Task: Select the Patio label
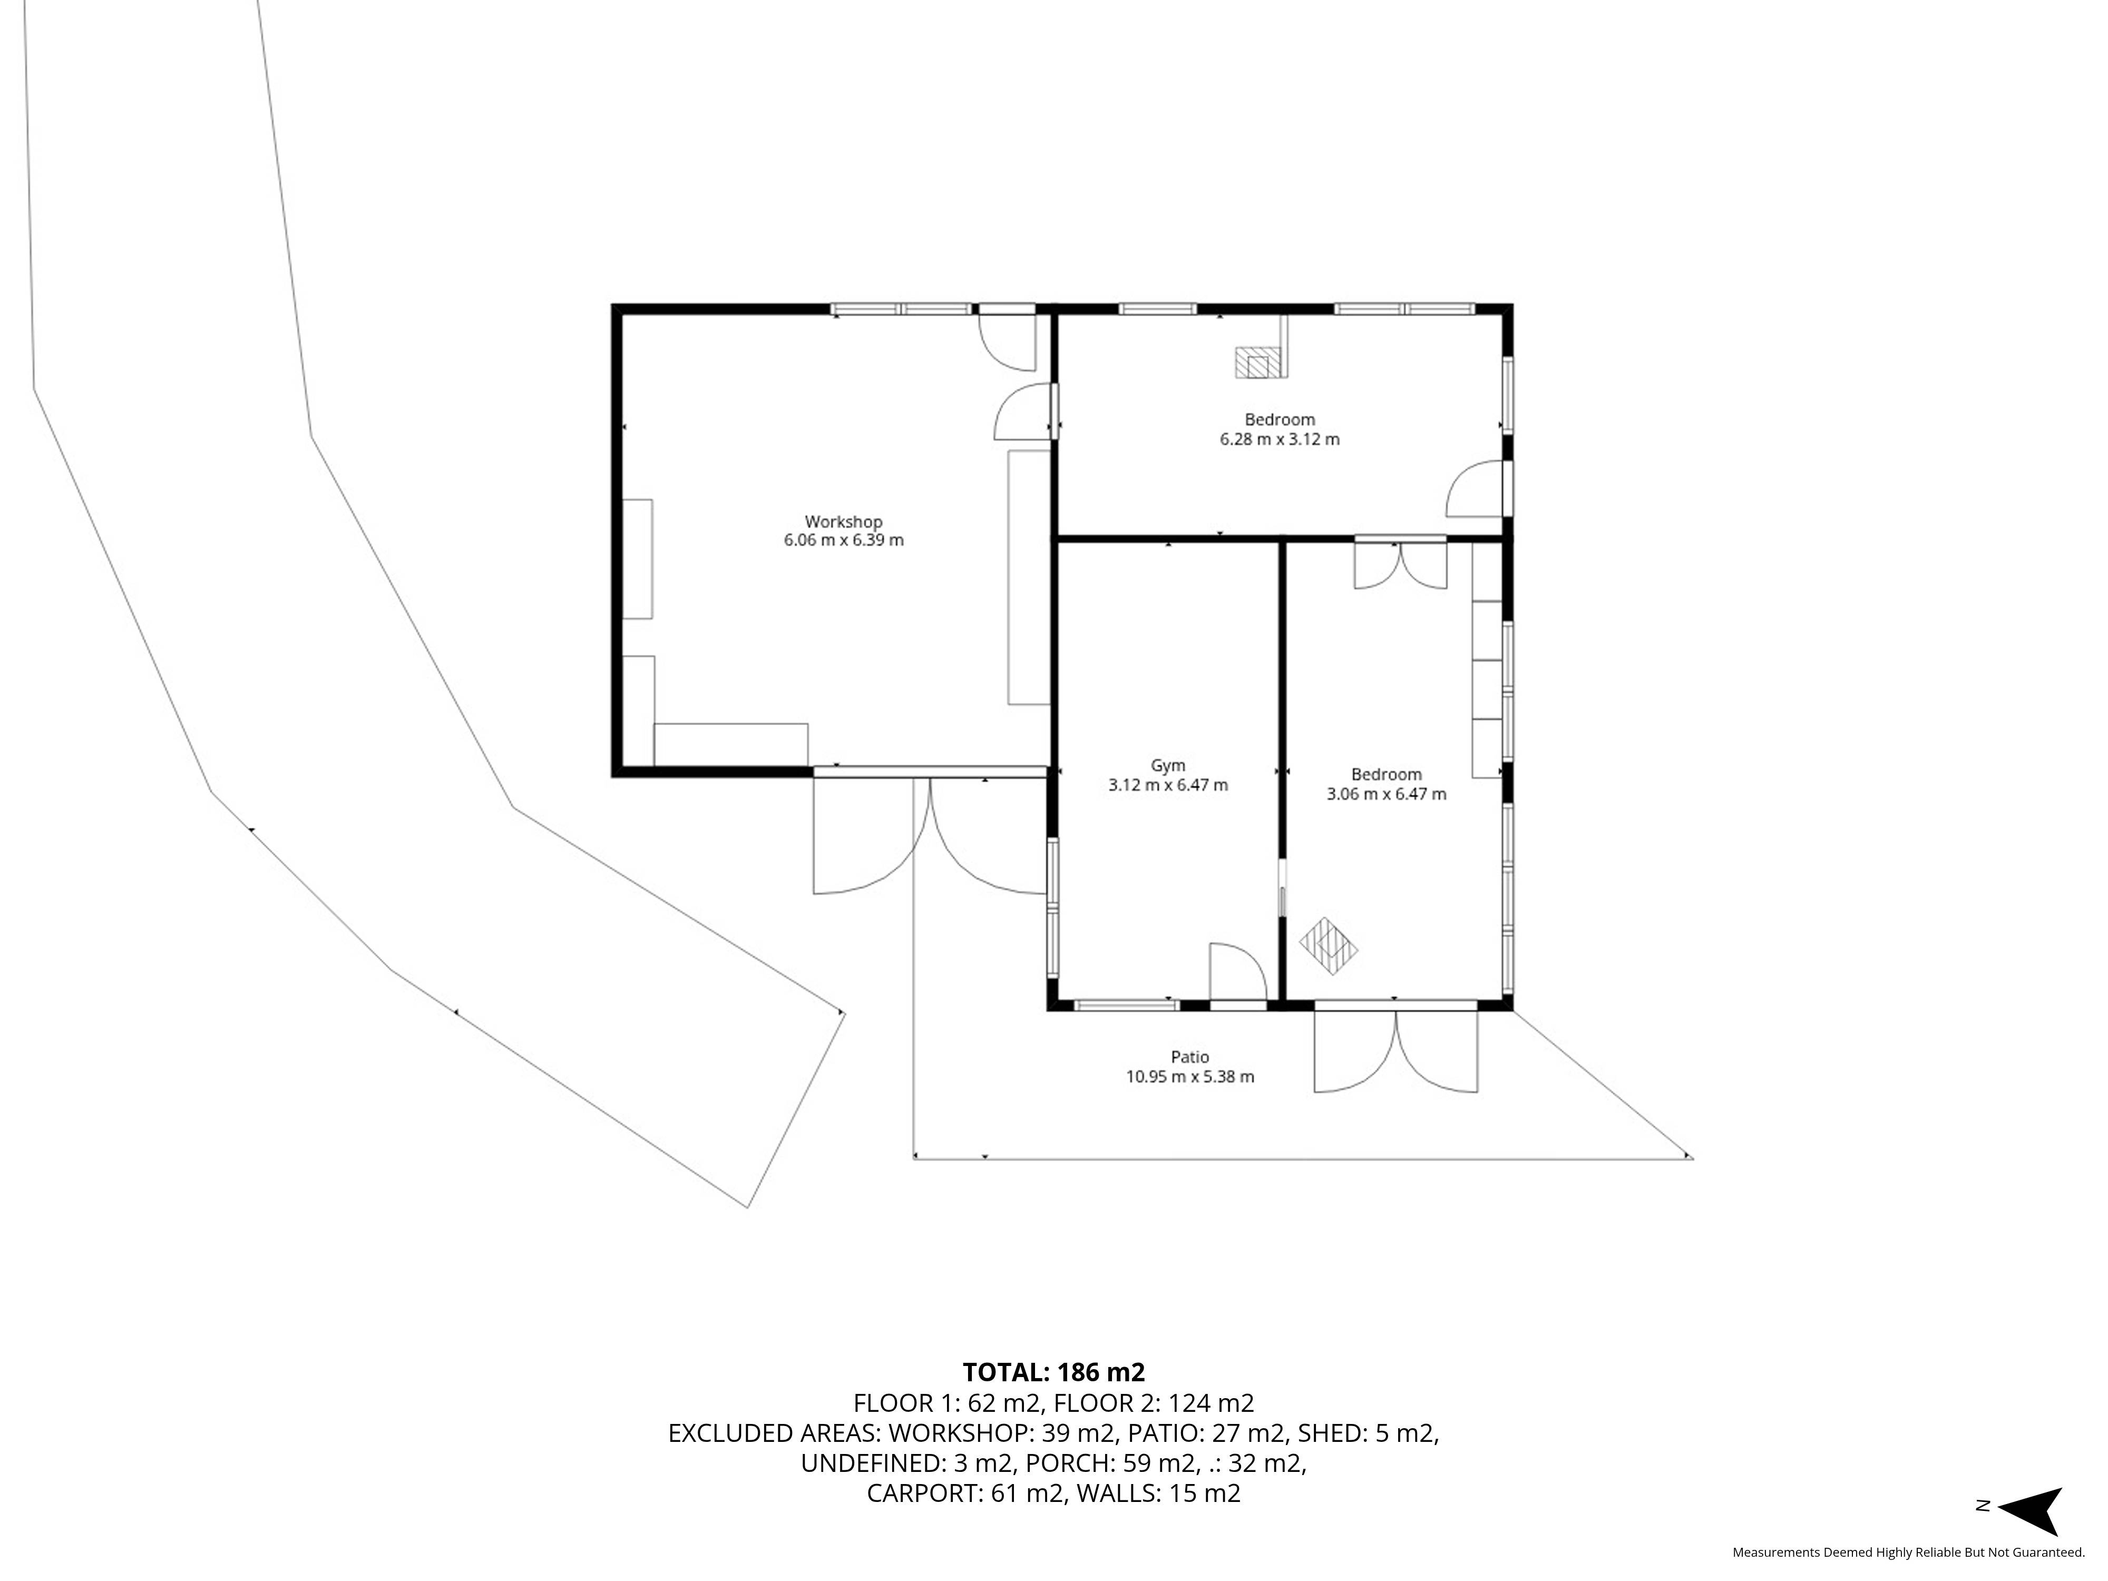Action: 1190,1057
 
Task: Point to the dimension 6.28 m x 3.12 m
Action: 1280,440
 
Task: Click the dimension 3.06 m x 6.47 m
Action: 1387,794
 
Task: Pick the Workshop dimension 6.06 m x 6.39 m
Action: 843,540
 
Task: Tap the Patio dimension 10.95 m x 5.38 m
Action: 1190,1077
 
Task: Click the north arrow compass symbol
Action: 2032,1511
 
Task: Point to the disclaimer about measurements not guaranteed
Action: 1908,1553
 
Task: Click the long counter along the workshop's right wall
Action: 1029,578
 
